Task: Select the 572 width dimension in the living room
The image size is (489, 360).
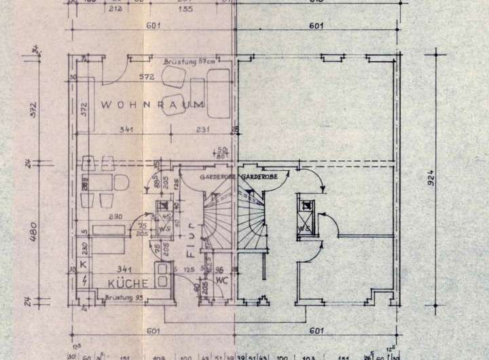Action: tap(141, 75)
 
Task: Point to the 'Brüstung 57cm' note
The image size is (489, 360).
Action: tap(188, 62)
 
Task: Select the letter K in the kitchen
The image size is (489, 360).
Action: tap(82, 263)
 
